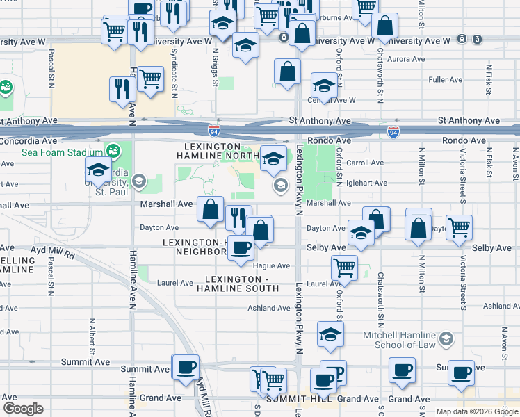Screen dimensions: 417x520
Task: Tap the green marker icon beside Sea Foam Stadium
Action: click(113, 151)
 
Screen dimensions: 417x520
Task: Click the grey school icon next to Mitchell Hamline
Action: click(446, 338)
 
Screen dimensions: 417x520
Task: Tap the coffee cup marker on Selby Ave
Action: click(241, 247)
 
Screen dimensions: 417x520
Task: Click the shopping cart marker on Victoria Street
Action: click(459, 227)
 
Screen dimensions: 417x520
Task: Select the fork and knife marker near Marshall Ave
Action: click(238, 216)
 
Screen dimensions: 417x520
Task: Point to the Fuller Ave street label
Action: click(445, 80)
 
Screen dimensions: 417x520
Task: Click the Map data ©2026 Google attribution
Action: click(477, 411)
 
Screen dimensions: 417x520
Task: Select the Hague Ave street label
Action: click(273, 265)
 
